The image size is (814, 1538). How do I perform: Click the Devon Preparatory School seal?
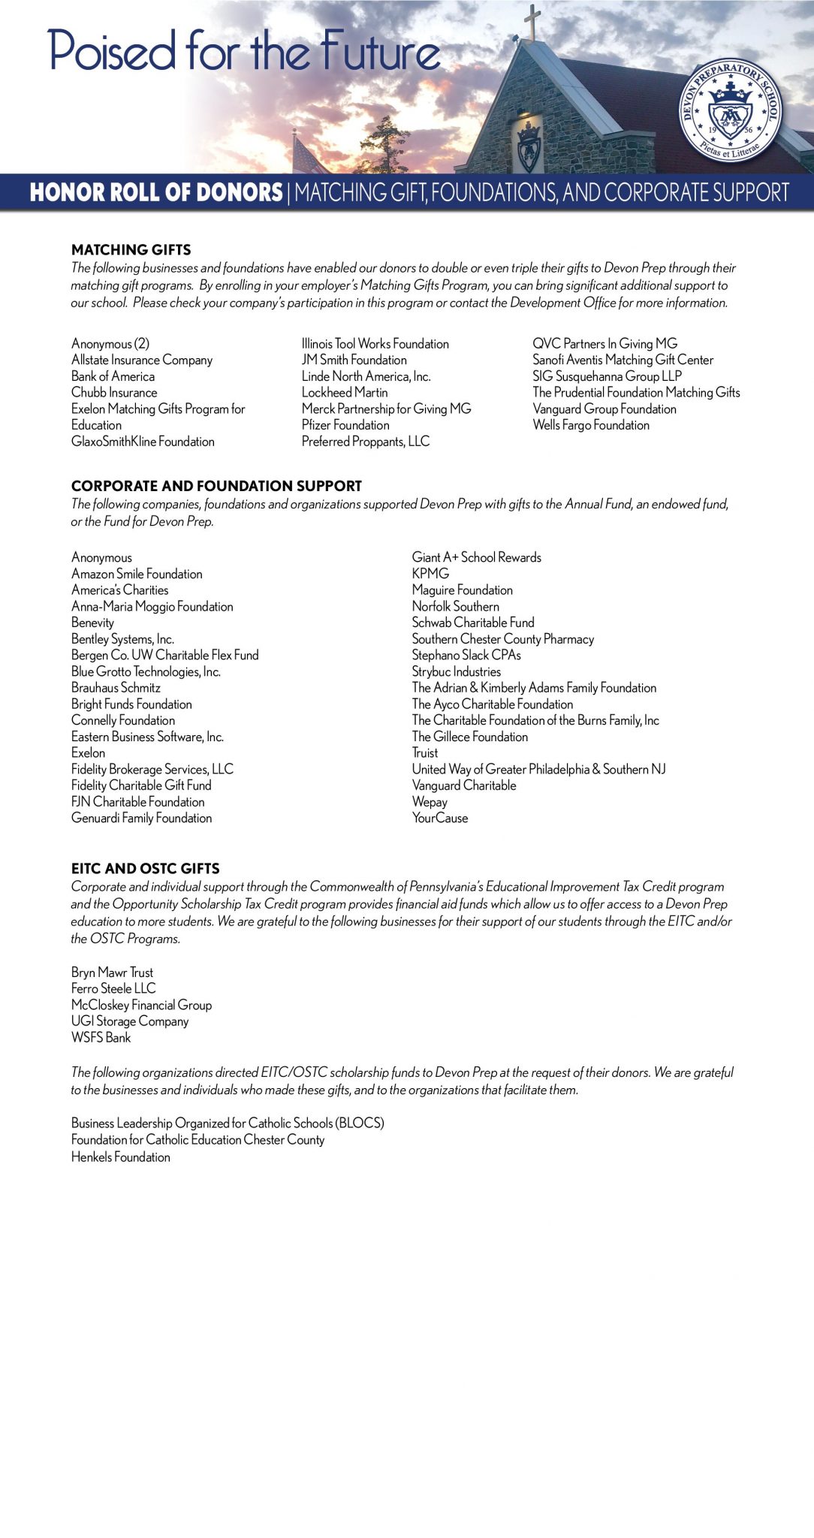click(x=730, y=110)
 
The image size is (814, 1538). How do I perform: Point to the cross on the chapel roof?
click(x=532, y=20)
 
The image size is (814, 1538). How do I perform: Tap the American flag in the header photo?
click(x=308, y=155)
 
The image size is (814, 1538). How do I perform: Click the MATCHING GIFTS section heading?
click(x=131, y=249)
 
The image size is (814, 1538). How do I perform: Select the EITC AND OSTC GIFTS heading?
click(x=146, y=868)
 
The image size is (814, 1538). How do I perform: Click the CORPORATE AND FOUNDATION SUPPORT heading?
click(x=216, y=486)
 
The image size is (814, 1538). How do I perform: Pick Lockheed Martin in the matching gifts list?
click(x=345, y=392)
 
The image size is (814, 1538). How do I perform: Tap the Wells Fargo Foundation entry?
click(x=591, y=425)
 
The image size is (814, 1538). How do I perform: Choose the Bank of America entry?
click(x=113, y=376)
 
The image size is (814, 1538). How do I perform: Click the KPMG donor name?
click(x=430, y=573)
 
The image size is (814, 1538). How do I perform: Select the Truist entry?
click(x=425, y=752)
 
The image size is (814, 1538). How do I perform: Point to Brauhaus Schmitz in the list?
click(x=116, y=687)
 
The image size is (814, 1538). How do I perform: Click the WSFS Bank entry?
click(x=101, y=1037)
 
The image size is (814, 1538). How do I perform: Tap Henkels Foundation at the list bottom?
click(x=121, y=1157)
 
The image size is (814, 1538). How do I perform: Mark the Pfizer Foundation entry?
click(x=345, y=425)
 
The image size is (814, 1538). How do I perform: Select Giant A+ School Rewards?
click(x=476, y=557)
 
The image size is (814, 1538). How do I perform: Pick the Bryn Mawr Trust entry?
click(x=112, y=972)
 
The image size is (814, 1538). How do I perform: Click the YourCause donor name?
click(x=440, y=818)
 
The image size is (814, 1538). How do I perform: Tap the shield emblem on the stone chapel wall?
click(x=529, y=145)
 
